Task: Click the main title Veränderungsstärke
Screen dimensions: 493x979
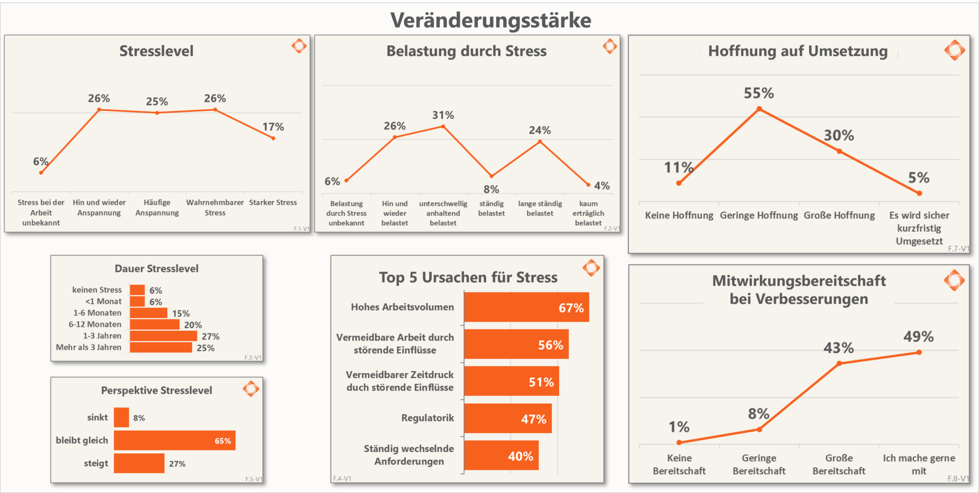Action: tap(491, 20)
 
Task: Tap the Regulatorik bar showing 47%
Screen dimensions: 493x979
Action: tap(508, 419)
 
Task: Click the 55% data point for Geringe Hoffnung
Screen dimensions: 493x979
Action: tap(759, 109)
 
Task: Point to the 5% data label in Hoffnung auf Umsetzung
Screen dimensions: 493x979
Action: tap(918, 177)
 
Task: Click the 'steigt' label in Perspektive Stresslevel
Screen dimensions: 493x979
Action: tap(96, 463)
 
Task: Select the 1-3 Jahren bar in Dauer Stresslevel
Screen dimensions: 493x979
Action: tap(163, 336)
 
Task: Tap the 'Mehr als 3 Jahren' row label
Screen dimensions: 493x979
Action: tap(89, 347)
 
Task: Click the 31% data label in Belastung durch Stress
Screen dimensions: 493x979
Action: tap(443, 115)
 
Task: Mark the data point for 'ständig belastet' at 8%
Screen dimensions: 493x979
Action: tap(492, 176)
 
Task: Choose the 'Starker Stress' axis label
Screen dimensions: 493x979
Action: tap(273, 202)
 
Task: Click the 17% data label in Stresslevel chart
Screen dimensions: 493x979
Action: tap(273, 126)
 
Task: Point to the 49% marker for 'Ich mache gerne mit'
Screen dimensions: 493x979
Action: tap(919, 352)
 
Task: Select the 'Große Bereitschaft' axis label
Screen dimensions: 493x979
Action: tap(839, 464)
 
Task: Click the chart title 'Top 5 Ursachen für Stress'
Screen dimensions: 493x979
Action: tap(468, 277)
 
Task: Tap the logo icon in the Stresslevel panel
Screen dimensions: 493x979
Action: tap(299, 46)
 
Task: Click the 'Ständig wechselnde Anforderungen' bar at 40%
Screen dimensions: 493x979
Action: tap(501, 456)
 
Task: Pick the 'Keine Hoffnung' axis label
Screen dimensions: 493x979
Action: tap(679, 215)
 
